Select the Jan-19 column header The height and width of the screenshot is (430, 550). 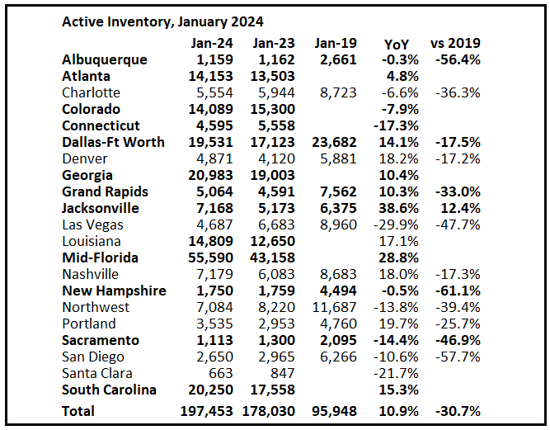(335, 43)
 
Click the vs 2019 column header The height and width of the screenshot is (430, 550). (456, 43)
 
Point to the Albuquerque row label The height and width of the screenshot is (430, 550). (105, 59)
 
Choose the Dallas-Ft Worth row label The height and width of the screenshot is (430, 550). (113, 142)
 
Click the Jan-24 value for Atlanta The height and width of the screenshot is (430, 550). (211, 76)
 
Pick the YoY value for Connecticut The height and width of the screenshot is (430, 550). (399, 125)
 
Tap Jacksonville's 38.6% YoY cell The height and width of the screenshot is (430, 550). (401, 208)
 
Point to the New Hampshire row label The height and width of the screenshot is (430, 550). (114, 291)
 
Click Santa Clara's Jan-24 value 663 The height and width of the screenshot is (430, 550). (221, 373)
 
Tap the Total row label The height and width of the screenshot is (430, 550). (78, 410)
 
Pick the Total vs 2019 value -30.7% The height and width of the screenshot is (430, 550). (458, 410)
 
